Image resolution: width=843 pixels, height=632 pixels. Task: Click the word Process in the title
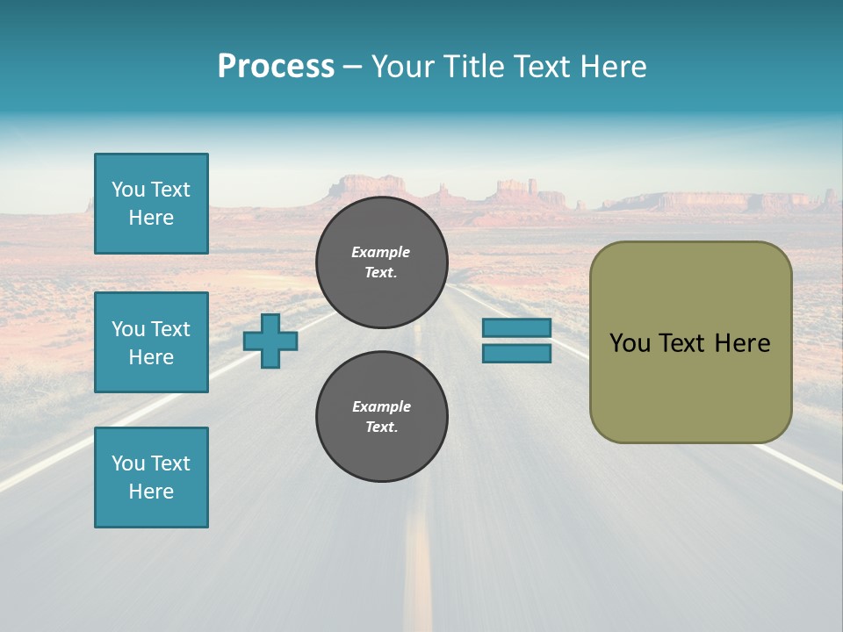click(x=276, y=67)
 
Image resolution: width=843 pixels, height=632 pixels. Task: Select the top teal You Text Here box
click(x=151, y=204)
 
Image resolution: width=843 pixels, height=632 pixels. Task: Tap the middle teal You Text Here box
click(x=151, y=342)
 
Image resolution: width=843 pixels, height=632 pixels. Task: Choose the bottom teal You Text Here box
click(x=151, y=477)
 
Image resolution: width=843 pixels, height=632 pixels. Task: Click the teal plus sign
click(x=270, y=341)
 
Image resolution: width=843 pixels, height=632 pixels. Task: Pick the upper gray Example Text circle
click(x=382, y=262)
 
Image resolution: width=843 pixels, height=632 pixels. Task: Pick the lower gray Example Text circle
click(x=382, y=416)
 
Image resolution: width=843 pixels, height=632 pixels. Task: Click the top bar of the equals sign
click(x=516, y=327)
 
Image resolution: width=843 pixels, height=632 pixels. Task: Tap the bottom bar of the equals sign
click(x=516, y=353)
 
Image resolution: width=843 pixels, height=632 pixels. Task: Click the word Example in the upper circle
click(x=381, y=252)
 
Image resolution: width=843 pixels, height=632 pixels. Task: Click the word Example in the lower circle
click(x=381, y=406)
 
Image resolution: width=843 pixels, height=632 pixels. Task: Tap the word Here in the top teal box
click(x=151, y=218)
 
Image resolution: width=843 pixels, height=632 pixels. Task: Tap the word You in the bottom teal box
click(x=128, y=463)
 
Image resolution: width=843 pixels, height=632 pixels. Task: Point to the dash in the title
click(x=353, y=67)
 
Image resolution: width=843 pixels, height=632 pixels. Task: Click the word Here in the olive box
click(x=742, y=343)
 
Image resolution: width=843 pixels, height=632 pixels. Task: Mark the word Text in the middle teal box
click(x=170, y=329)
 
